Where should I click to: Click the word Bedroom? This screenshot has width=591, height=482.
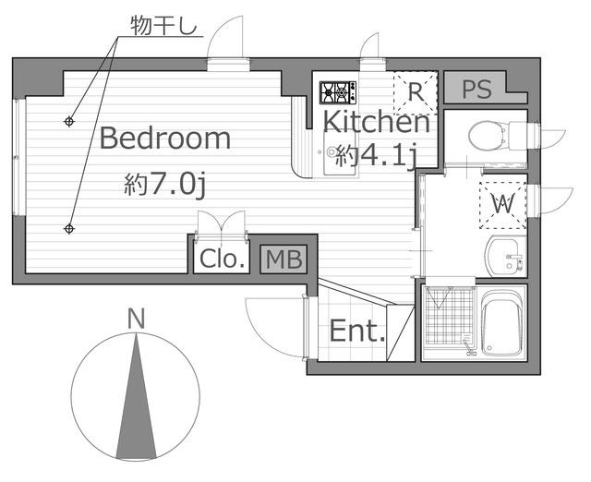(165, 139)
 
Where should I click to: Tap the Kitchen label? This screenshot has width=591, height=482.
(377, 121)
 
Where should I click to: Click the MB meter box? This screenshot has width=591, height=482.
(283, 259)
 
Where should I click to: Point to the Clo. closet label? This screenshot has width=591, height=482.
(223, 259)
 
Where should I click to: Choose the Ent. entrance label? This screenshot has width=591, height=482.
(357, 331)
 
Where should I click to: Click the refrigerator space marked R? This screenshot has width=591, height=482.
(416, 92)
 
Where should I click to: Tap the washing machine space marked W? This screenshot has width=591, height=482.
(502, 205)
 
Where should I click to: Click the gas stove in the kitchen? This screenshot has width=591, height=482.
(338, 92)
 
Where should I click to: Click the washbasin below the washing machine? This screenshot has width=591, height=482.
(505, 257)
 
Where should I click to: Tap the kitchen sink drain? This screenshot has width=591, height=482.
(332, 151)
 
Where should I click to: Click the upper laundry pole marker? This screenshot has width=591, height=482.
(69, 121)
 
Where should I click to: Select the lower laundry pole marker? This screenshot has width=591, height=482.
(69, 228)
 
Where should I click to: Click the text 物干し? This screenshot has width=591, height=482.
(164, 26)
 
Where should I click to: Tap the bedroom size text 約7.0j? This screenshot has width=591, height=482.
(165, 185)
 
